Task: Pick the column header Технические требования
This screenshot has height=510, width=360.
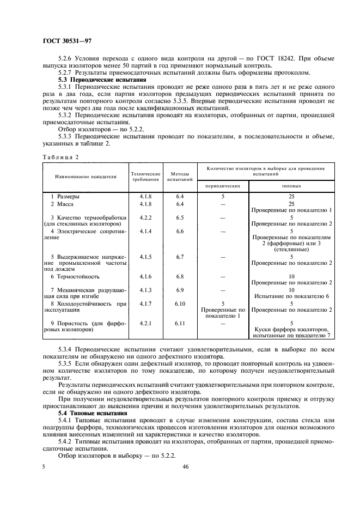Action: point(145,177)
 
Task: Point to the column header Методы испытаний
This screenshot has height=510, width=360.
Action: point(180,177)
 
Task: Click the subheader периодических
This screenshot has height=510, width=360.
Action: point(223,186)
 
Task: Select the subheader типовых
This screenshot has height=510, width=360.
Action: point(291,186)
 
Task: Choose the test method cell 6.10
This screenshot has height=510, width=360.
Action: point(180,303)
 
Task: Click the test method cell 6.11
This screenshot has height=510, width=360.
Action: point(180,323)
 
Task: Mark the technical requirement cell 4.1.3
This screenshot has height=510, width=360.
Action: point(145,289)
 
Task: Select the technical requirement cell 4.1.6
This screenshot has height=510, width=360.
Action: point(145,276)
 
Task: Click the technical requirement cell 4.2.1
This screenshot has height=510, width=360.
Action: point(145,323)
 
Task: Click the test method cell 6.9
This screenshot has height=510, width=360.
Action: point(180,289)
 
